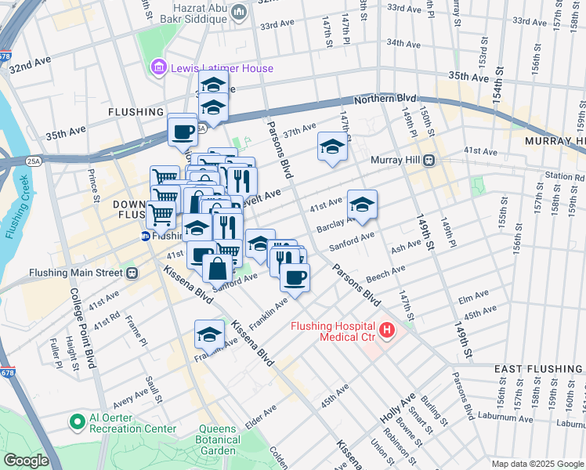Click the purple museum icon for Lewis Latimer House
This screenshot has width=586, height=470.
pos(159,68)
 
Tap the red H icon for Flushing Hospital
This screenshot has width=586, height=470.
pos(386,331)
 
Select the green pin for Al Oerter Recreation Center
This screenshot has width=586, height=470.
pos(76,423)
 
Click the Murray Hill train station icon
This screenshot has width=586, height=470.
pos(429,161)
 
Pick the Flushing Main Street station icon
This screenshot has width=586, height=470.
pos(132,273)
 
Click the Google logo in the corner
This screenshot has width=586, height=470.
pos(27,461)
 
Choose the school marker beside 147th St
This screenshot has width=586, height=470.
pos(332,146)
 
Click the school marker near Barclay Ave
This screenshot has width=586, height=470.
pos(362,205)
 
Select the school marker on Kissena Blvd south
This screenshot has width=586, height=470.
pos(209,334)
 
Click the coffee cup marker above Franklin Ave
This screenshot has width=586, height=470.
pos(295,277)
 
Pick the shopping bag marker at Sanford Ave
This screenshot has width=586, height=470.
pos(216,268)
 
